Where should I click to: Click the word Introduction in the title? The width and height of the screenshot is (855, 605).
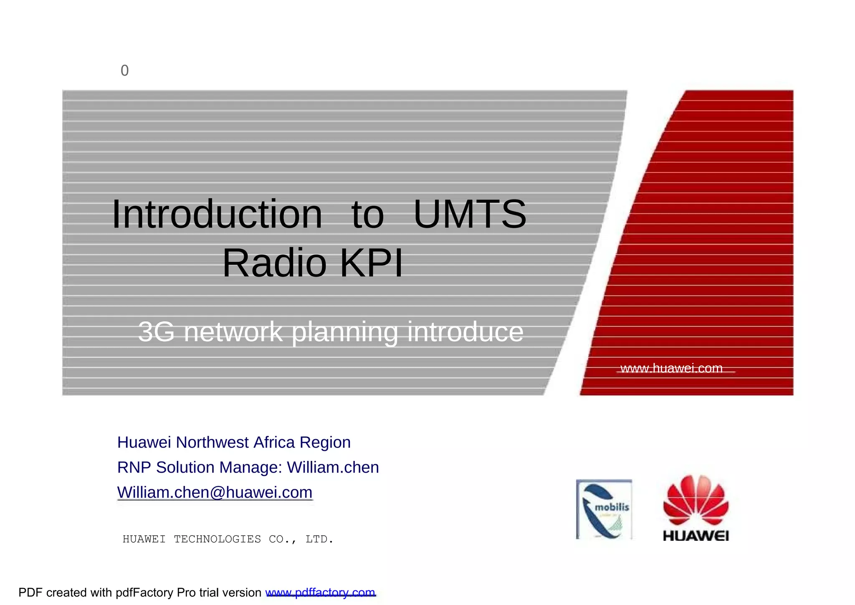tap(217, 215)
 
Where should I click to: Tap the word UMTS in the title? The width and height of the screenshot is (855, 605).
tap(470, 215)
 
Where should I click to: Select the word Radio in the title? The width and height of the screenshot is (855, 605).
tap(274, 263)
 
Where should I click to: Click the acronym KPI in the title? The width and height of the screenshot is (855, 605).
tap(372, 263)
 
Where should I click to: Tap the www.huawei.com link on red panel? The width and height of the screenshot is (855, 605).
tap(671, 368)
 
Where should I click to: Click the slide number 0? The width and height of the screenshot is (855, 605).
tap(124, 71)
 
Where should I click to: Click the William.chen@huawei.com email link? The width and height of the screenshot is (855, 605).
tap(215, 493)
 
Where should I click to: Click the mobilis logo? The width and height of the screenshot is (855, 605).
tap(604, 509)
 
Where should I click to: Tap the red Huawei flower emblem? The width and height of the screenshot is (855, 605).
tap(696, 500)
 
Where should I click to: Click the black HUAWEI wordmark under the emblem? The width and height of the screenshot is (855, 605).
tap(696, 536)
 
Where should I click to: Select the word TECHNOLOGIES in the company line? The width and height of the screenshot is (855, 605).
tap(217, 539)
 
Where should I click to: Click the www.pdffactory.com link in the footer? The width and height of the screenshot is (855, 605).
tap(320, 593)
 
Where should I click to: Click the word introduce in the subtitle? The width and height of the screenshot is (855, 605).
tap(465, 332)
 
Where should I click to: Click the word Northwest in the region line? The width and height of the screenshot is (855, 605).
tap(212, 443)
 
